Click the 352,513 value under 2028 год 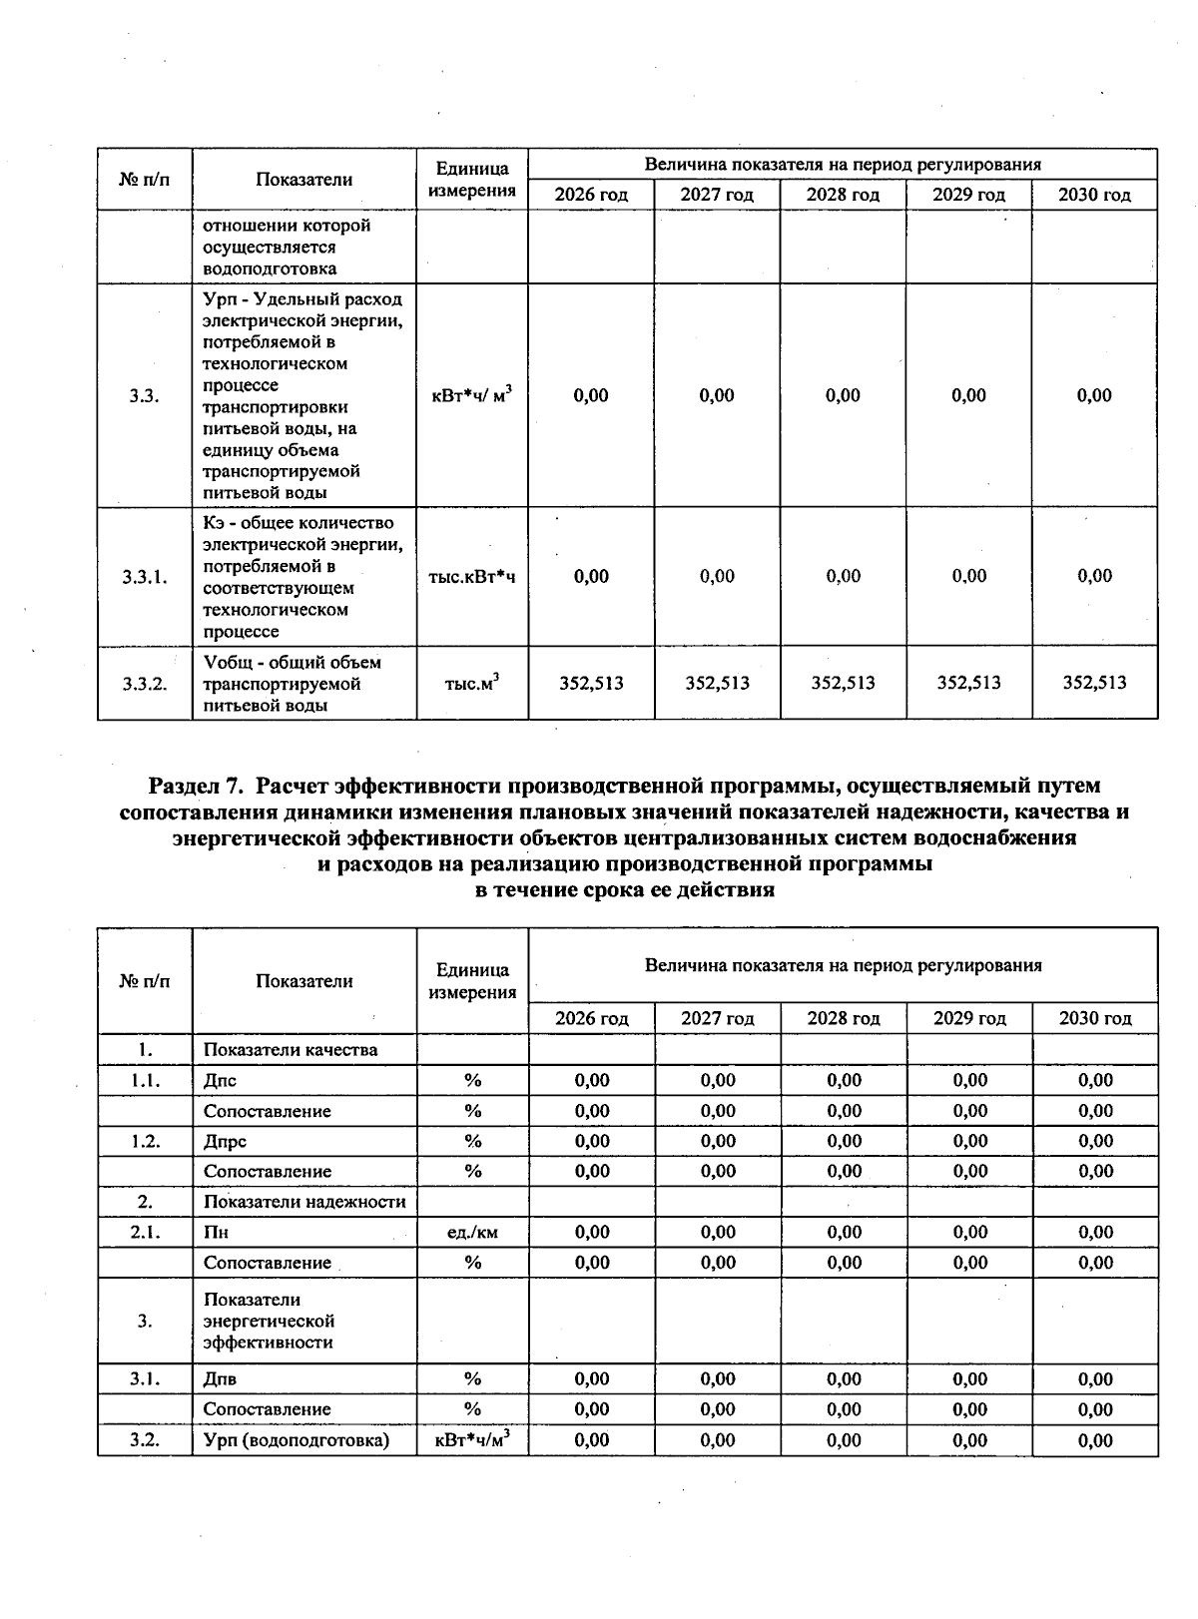point(843,683)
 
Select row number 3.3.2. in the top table point(145,684)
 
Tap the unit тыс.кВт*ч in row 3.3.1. point(471,576)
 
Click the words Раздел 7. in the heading point(196,787)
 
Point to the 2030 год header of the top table point(1094,195)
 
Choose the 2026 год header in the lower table point(591,1018)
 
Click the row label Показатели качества point(291,1049)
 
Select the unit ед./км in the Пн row point(472,1232)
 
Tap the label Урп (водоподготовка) point(296,1439)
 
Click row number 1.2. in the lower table point(145,1141)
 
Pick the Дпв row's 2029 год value point(969,1378)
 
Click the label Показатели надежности point(303,1201)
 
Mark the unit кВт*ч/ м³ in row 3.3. point(471,395)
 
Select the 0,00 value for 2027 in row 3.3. point(717,395)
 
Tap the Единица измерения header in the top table point(471,180)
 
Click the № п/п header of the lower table point(145,981)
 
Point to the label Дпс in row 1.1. point(220,1080)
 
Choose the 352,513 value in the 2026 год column point(591,683)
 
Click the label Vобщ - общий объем point(292,662)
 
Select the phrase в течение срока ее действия point(624,889)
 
